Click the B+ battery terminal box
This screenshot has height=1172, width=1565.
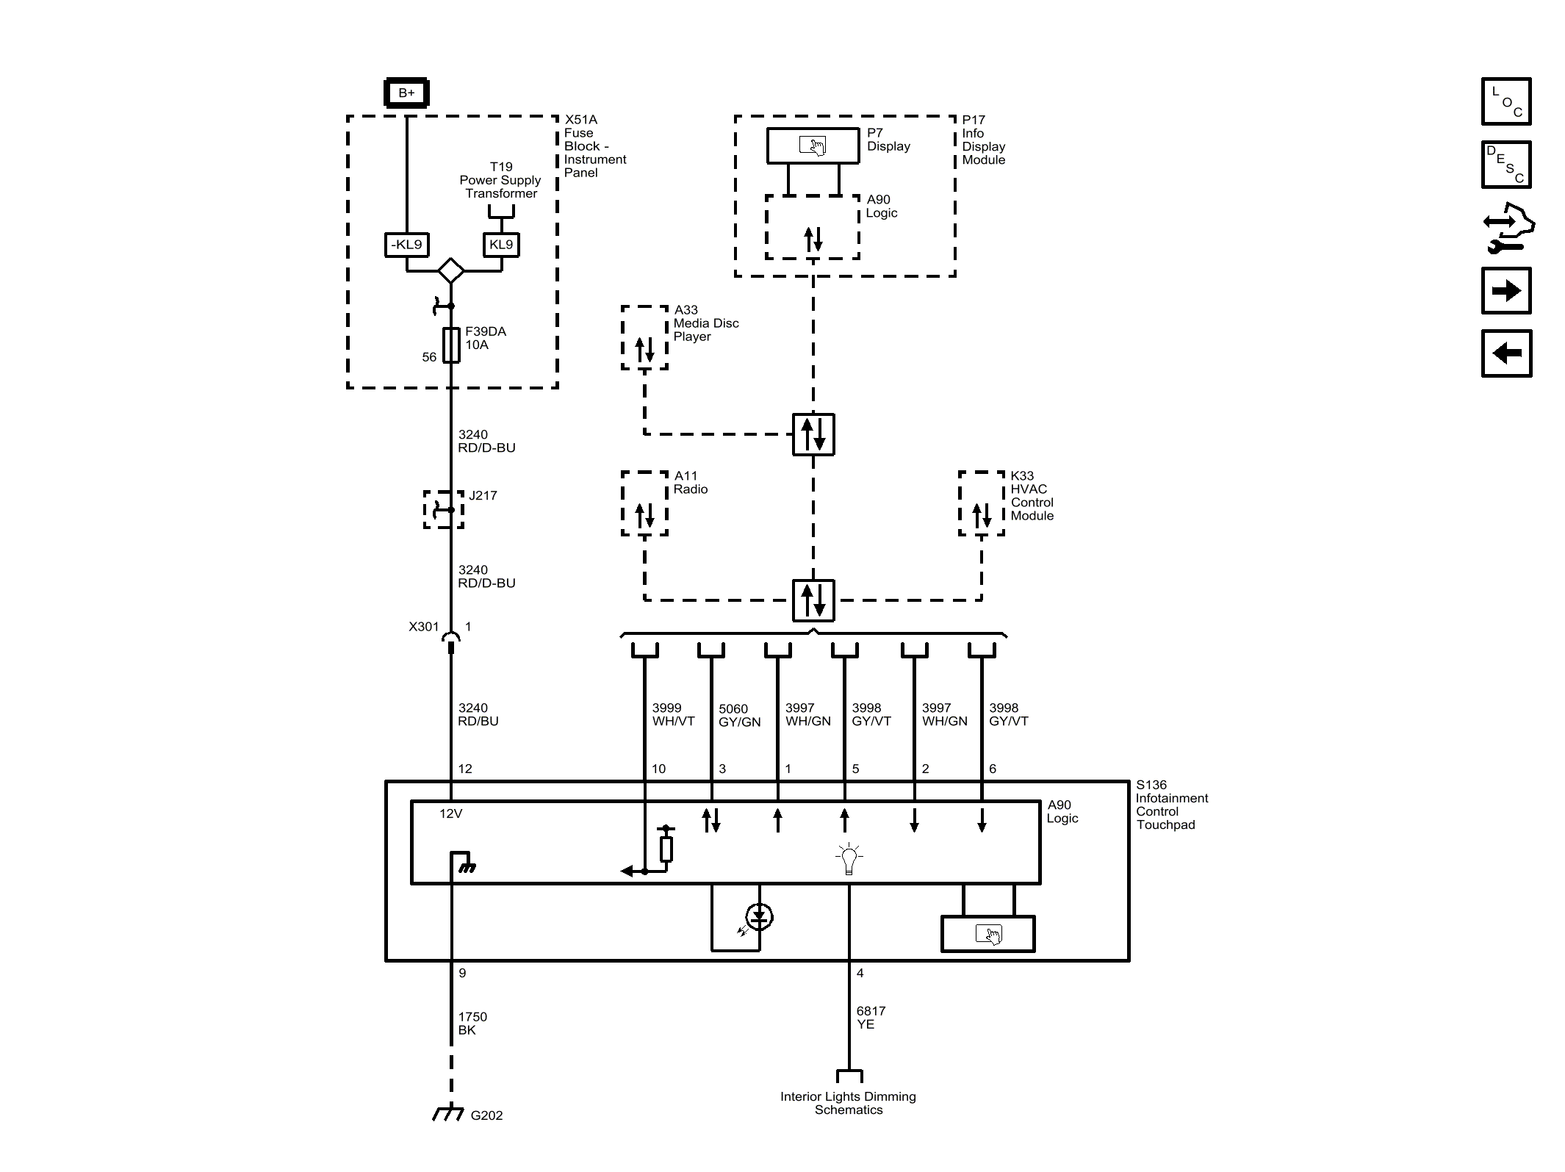coord(406,93)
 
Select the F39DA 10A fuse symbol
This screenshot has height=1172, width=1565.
coord(451,345)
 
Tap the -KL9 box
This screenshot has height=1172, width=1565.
coord(406,245)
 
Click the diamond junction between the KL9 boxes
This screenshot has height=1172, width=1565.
coord(450,270)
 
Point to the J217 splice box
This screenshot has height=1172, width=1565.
coord(444,509)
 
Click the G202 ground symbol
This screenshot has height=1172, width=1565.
coord(447,1113)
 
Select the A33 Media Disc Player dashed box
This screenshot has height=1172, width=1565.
coord(644,338)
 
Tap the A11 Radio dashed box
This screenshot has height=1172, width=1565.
coord(644,503)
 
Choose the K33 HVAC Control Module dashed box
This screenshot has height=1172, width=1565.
coord(982,503)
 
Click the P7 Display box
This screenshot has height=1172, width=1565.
coord(813,145)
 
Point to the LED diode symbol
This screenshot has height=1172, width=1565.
coord(759,917)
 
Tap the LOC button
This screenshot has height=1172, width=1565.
coord(1506,101)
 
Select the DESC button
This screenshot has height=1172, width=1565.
coord(1506,165)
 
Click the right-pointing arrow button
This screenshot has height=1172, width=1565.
coord(1506,291)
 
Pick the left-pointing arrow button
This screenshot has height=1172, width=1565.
coord(1506,353)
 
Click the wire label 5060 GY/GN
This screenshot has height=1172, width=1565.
coord(739,716)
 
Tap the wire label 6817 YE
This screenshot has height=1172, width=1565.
coord(871,1018)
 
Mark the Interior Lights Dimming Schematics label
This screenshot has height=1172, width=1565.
coord(848,1103)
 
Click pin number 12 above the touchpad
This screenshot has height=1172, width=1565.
coord(465,769)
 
